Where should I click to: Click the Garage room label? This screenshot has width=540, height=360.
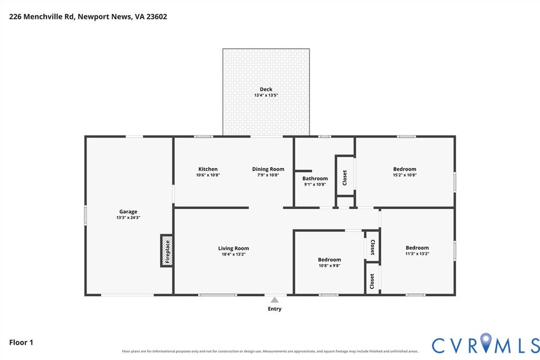(x=128, y=212)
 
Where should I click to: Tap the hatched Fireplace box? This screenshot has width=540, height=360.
(x=167, y=250)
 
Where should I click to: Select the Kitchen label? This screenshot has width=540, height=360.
(x=208, y=169)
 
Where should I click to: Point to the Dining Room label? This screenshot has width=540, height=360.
(x=268, y=169)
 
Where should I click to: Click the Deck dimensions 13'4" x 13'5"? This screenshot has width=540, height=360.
(x=266, y=95)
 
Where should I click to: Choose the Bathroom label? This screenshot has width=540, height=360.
(x=315, y=178)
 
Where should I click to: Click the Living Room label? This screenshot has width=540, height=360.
(x=233, y=248)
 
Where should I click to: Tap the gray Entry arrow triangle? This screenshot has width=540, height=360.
(x=274, y=300)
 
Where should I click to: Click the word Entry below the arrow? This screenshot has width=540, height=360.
(x=274, y=309)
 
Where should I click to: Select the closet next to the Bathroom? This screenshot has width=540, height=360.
(x=345, y=178)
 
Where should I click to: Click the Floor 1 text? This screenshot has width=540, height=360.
(x=21, y=343)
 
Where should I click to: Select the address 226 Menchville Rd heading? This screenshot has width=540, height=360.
(x=88, y=16)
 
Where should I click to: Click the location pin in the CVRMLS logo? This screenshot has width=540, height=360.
(x=486, y=343)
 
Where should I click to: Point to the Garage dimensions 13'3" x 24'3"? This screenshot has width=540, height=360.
(x=128, y=218)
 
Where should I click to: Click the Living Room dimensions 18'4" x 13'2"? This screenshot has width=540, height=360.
(x=233, y=255)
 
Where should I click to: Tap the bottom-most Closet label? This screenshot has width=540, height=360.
(x=372, y=281)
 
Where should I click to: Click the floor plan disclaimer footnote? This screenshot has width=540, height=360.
(x=270, y=352)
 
